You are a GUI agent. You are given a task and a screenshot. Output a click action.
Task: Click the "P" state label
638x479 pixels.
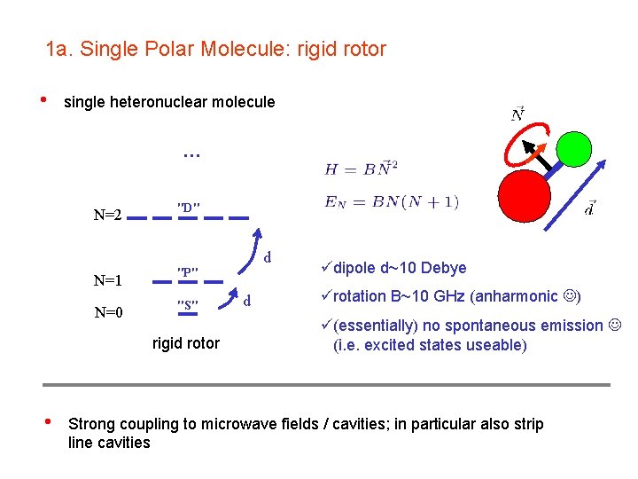coord(188,271)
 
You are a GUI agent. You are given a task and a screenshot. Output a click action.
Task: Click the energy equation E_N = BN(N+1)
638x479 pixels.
coord(391,201)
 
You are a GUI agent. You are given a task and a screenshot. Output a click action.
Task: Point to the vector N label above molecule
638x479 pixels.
coord(518,113)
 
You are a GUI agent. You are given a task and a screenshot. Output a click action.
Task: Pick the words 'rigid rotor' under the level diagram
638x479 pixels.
coord(186,343)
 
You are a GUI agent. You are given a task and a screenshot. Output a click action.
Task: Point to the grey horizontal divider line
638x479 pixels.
coord(326,384)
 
